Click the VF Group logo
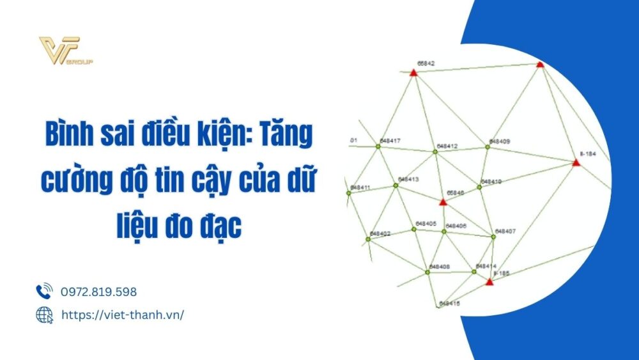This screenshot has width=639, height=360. click(66, 51)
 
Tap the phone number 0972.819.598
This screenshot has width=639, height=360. click(98, 292)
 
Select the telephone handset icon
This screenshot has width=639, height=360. click(44, 292)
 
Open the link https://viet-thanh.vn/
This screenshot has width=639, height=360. click(122, 315)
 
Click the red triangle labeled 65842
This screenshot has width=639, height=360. click(413, 73)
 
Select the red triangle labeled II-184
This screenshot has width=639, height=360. click(576, 163)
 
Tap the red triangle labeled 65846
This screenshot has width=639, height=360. click(443, 202)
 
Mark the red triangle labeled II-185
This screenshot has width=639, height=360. click(489, 281)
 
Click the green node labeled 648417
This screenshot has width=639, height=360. click(378, 146)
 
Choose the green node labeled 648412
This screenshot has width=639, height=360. click(434, 152)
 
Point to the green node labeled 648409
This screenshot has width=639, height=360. click(487, 147)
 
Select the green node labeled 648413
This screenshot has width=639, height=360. click(396, 185)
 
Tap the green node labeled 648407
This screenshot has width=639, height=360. click(493, 237)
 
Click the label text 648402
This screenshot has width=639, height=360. click(380, 234)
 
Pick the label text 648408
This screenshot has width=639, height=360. click(440, 266)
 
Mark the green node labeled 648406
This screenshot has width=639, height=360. click(443, 231)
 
